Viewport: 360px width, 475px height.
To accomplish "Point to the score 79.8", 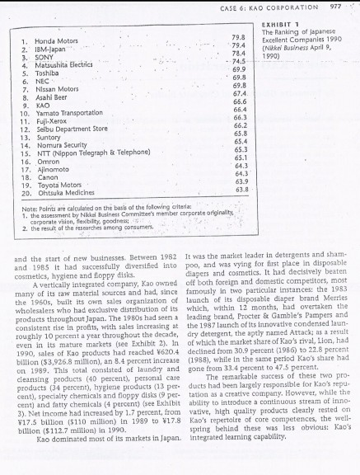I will tap(240, 36).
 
